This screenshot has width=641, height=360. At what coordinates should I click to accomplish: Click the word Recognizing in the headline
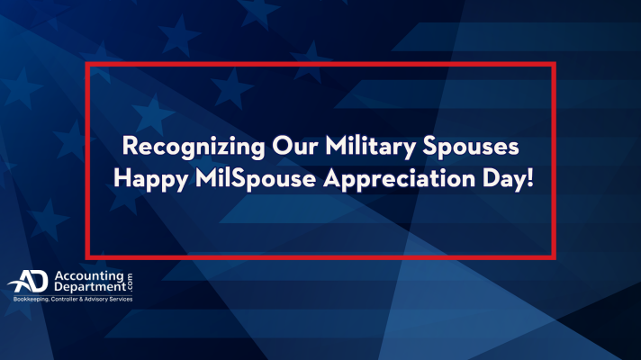(194, 147)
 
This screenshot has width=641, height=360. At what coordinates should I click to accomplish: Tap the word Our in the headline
(294, 145)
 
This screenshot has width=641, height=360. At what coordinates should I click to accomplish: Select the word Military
(370, 147)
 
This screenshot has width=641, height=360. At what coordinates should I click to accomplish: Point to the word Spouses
(471, 147)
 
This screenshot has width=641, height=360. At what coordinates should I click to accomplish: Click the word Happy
(151, 179)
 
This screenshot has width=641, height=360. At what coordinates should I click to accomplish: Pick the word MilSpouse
(256, 179)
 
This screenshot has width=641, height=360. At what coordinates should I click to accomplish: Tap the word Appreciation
(400, 179)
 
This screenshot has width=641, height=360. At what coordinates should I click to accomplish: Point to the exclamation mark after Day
(530, 178)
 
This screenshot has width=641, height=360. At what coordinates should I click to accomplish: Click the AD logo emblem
(28, 281)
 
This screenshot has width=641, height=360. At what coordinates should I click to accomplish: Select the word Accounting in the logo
(89, 276)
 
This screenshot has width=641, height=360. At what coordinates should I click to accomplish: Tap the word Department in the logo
(90, 287)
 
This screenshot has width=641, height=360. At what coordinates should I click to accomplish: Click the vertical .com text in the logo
(130, 282)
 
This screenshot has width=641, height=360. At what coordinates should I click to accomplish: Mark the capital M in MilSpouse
(205, 178)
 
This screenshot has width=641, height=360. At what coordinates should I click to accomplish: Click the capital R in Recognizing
(130, 145)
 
